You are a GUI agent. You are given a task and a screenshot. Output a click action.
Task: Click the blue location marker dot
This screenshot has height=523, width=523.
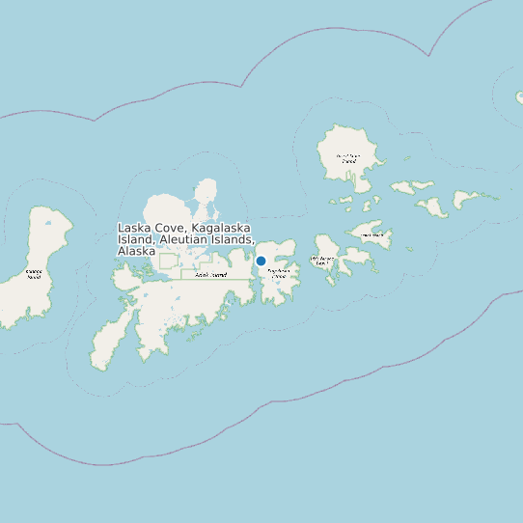click(261, 261)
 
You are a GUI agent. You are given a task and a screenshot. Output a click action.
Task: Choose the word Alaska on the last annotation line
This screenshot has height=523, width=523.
click(136, 251)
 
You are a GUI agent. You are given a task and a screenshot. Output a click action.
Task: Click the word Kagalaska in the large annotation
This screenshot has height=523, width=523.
click(224, 228)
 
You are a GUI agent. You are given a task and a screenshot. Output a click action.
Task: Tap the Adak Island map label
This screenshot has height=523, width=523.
click(210, 275)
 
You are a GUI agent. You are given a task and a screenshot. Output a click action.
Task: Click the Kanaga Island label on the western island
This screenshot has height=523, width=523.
click(33, 275)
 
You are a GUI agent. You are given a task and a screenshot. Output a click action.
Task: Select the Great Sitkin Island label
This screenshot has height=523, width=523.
click(347, 157)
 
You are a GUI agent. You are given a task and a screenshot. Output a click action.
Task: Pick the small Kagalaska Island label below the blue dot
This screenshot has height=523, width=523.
click(278, 274)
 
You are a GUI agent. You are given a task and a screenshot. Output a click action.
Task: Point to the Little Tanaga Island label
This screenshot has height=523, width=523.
click(322, 261)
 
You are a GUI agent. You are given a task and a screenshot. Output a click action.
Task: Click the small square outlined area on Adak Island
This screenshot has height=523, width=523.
click(168, 261)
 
